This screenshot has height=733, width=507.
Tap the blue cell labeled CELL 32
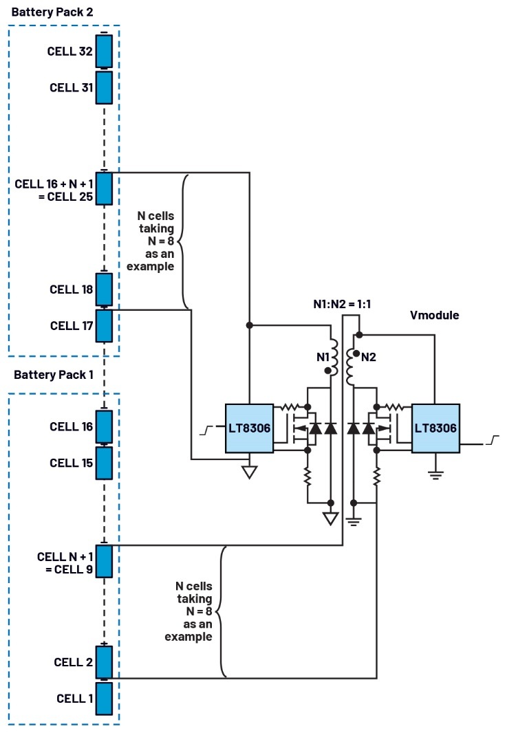(x=104, y=50)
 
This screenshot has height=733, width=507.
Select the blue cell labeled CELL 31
(x=104, y=87)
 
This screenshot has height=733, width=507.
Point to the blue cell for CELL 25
(x=104, y=189)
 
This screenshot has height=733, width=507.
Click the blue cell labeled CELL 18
(x=104, y=289)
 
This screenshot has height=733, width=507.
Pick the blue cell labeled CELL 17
(x=104, y=326)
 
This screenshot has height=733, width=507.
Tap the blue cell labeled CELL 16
(x=104, y=427)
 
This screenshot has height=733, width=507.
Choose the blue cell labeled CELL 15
(x=104, y=463)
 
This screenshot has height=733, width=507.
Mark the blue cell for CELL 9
(x=104, y=562)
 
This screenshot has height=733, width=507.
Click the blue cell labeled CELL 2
(x=104, y=662)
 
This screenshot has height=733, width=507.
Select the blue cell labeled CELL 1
(x=104, y=699)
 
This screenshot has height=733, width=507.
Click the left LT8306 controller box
(x=250, y=428)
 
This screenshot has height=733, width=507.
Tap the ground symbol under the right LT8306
(x=435, y=473)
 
